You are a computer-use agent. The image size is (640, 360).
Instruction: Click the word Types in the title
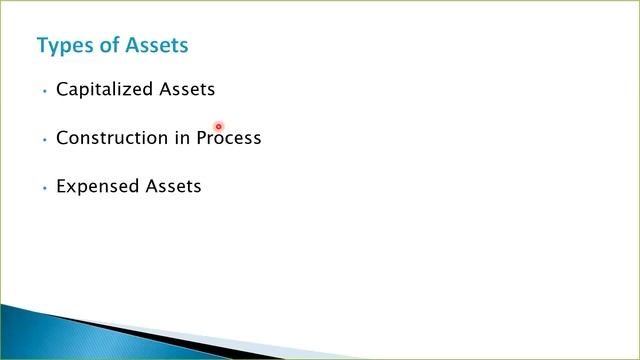pos(62,46)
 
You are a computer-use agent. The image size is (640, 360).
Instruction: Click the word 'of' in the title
pos(106,45)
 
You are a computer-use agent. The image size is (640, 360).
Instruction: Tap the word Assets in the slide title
pos(155,45)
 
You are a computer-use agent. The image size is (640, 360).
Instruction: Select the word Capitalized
pos(106,90)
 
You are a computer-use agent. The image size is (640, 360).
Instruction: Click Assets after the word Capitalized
pos(188,89)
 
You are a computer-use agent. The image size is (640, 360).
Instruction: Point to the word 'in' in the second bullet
pos(182,138)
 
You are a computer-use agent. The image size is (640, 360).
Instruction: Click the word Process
pos(229,138)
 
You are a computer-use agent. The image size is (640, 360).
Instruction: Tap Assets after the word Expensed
pos(174,186)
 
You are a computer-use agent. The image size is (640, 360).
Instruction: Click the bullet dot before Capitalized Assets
pos(45,91)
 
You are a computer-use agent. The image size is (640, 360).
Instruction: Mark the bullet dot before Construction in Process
pos(45,139)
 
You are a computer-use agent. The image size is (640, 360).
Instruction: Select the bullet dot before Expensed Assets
pos(45,188)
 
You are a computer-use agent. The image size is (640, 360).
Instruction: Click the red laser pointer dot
pos(218,127)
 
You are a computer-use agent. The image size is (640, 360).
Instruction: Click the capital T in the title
pos(42,45)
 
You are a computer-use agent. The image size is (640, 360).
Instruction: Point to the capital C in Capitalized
pos(62,89)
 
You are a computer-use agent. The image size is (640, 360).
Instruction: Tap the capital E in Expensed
pos(61,186)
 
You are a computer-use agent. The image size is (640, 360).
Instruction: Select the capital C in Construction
pos(62,138)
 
